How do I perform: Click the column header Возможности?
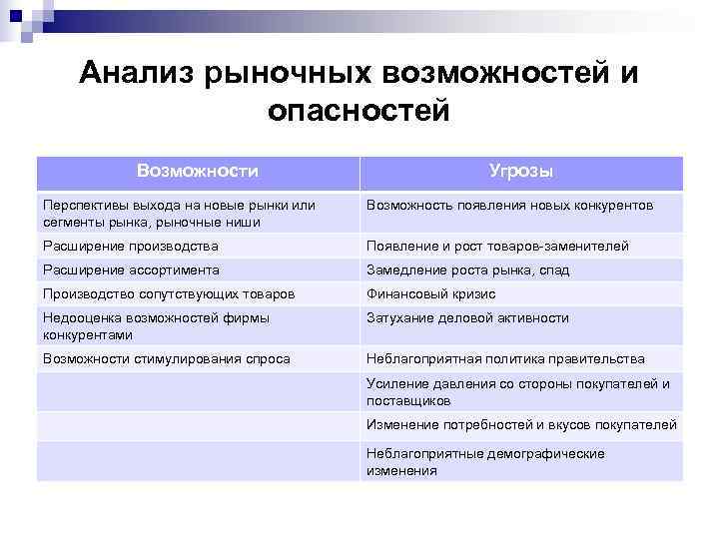click(x=197, y=171)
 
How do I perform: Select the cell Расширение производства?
click(x=131, y=246)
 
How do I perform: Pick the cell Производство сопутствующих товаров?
click(x=169, y=294)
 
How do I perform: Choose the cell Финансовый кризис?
click(x=430, y=294)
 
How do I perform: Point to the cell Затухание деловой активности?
click(x=467, y=317)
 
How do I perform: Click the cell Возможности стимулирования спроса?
click(x=167, y=358)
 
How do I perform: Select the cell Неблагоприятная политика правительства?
click(x=505, y=358)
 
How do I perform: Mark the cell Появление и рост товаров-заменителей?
click(x=497, y=246)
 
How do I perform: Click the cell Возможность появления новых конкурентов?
click(x=510, y=205)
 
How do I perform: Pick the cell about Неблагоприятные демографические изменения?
click(x=485, y=462)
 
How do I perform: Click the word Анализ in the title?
click(x=137, y=73)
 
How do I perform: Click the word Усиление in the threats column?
click(x=395, y=383)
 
